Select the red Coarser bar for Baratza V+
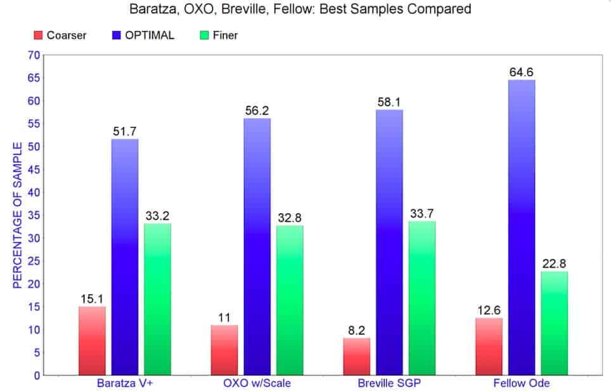point(92,341)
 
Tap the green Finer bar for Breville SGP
point(422,297)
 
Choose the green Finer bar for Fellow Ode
point(555,323)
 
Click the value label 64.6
point(522,72)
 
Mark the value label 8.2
point(356,330)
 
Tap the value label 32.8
point(290,218)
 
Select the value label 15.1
point(92,299)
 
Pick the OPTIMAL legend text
point(150,36)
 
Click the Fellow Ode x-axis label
point(522,384)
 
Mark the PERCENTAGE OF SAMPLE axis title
point(18,215)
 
